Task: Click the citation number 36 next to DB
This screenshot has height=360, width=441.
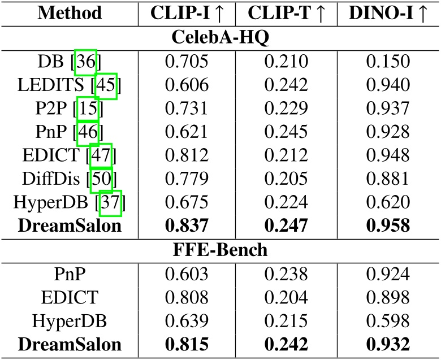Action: click(x=86, y=61)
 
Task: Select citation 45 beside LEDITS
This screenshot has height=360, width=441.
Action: click(x=106, y=85)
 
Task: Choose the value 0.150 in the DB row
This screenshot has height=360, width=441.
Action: click(x=387, y=61)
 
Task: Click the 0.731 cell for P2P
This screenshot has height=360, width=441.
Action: click(x=187, y=109)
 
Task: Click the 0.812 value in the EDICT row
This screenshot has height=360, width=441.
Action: click(x=187, y=157)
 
